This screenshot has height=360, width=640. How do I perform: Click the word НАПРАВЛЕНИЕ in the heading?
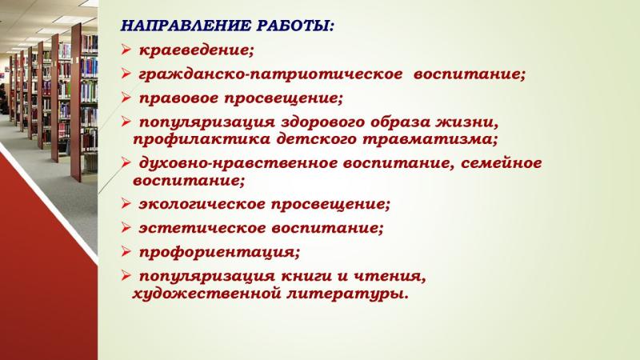(186, 26)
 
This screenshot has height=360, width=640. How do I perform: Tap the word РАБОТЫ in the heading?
(293, 26)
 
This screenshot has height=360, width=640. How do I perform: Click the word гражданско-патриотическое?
(270, 74)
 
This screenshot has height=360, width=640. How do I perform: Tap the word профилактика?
(202, 139)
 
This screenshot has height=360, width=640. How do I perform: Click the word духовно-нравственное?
(238, 163)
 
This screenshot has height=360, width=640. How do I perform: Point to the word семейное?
(502, 163)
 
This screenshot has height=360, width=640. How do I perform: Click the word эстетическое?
(202, 228)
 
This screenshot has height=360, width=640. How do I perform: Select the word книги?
(306, 277)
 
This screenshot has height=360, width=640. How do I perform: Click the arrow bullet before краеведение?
(126, 50)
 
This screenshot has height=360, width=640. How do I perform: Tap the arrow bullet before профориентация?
(126, 251)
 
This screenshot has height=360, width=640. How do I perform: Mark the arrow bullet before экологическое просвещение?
(126, 203)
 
